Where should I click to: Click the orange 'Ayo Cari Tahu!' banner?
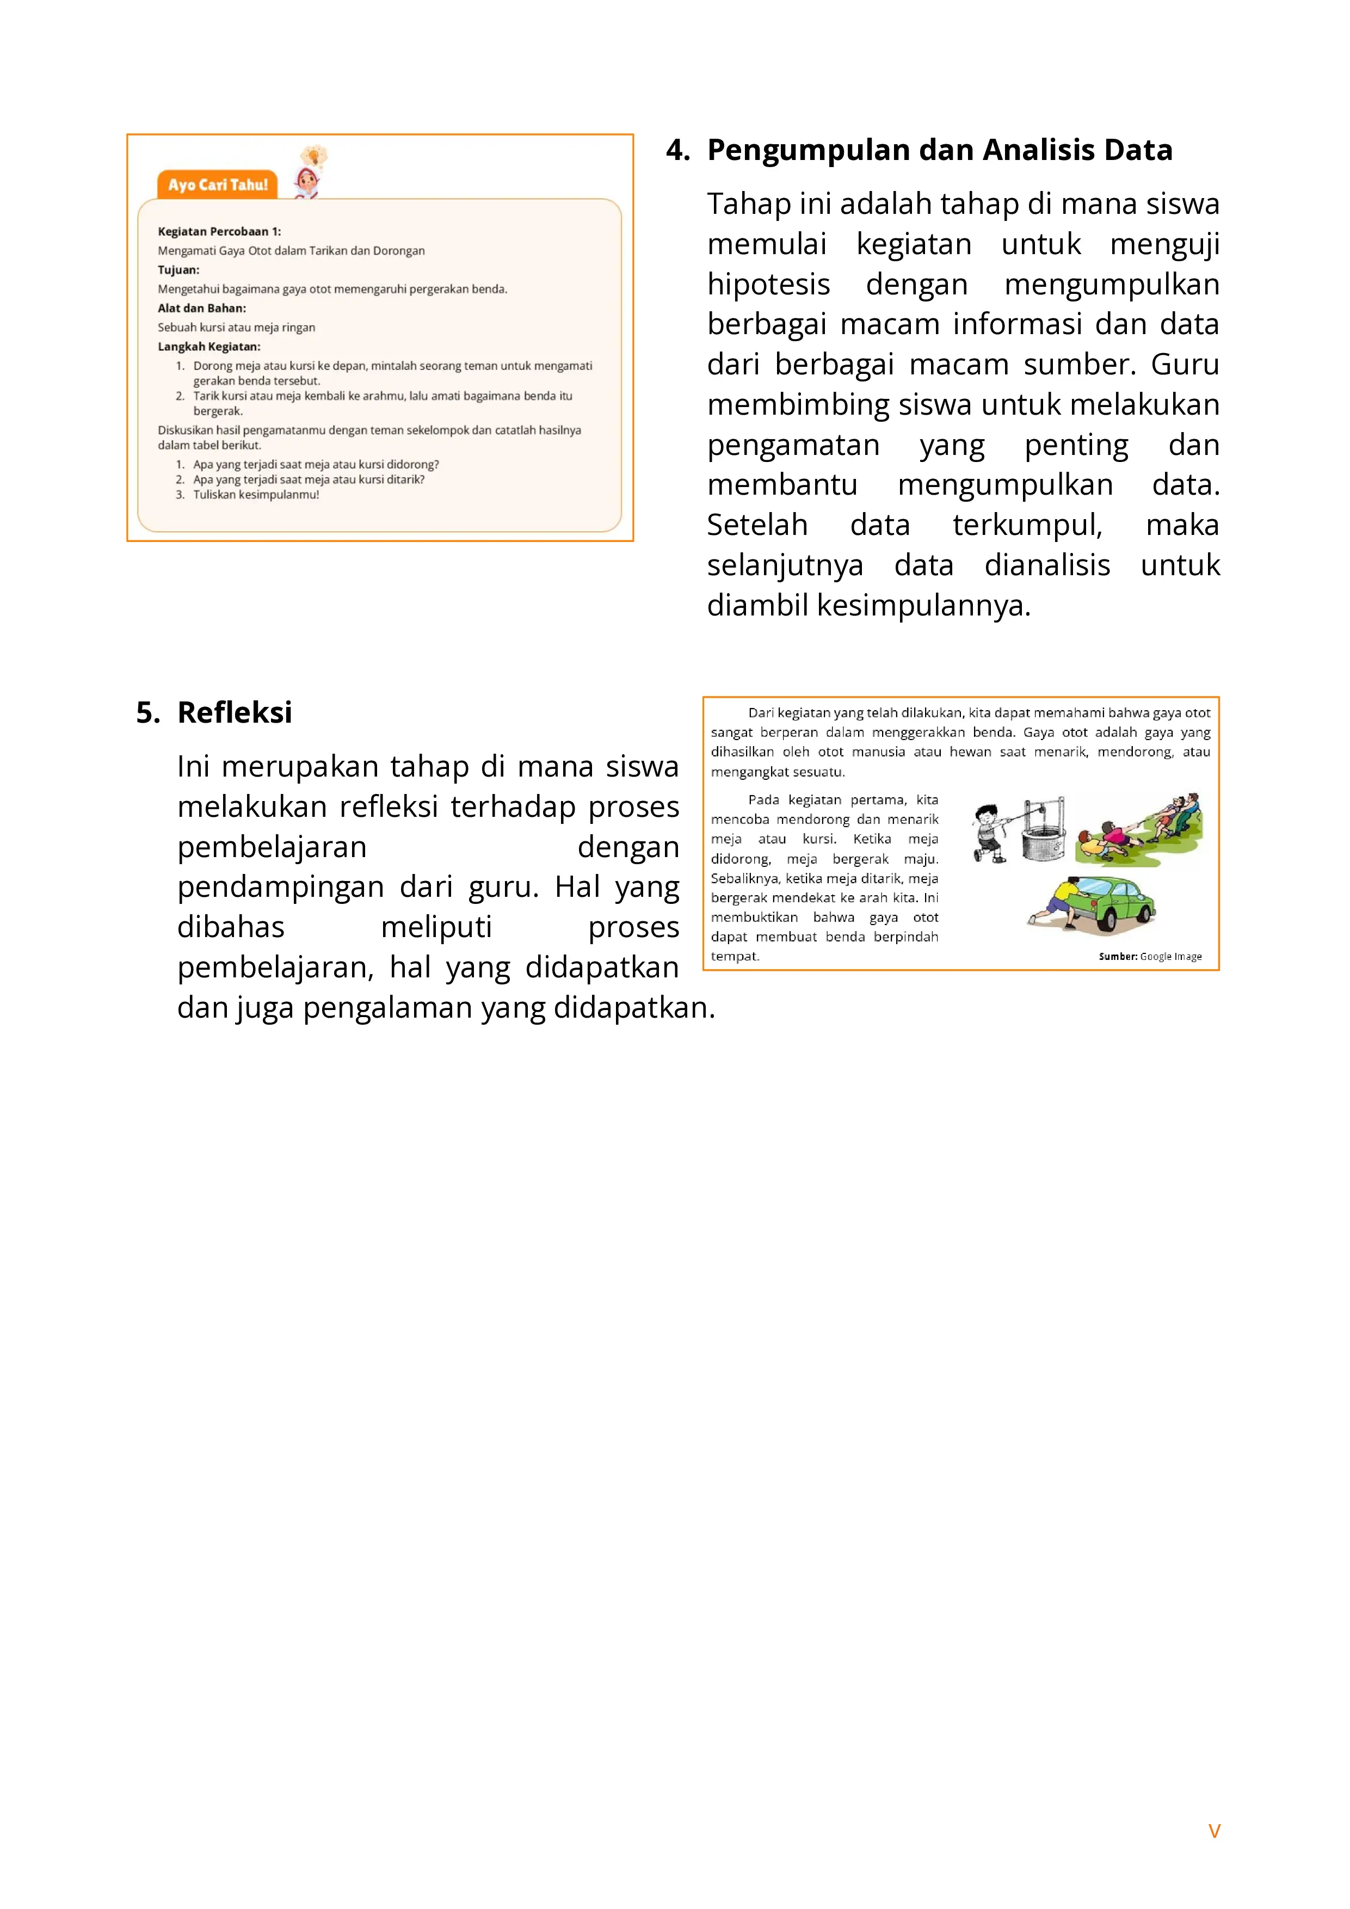(218, 184)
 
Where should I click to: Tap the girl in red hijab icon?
(307, 183)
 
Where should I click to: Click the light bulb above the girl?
(314, 156)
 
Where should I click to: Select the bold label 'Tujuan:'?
(178, 270)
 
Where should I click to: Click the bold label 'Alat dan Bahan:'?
(202, 309)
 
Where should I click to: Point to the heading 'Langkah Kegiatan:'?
(208, 347)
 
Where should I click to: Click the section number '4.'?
(677, 151)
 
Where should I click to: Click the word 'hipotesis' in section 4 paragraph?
(768, 285)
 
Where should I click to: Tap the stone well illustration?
(1043, 836)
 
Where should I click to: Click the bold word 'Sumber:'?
(1117, 957)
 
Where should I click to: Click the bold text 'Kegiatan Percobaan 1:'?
(219, 232)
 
